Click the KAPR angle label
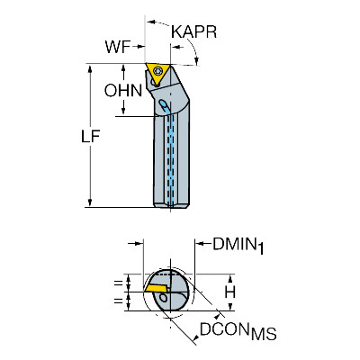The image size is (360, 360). coord(193,31)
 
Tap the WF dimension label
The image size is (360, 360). coord(117,47)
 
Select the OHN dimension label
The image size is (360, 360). coord(123,90)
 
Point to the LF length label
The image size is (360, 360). coord(91,137)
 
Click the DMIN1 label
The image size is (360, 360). coord(238,246)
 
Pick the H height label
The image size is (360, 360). coord(230,292)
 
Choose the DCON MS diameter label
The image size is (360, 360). coord(238,330)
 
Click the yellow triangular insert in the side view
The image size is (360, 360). coord(157,74)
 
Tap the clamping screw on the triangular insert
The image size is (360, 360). coord(157,71)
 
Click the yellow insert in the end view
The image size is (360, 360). coord(156,288)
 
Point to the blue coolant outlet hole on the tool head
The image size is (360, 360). coord(165,105)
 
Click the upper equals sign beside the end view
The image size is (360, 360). coord(119,283)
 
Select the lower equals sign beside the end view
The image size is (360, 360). coord(119,300)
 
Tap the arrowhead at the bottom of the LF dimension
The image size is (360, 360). coord(90,202)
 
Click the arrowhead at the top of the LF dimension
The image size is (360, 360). coord(90,68)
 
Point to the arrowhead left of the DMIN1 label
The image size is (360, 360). coord(200,244)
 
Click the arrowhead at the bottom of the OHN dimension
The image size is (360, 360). coord(123,111)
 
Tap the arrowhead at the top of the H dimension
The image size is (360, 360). coord(230,279)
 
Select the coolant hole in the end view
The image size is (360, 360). coord(164,297)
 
